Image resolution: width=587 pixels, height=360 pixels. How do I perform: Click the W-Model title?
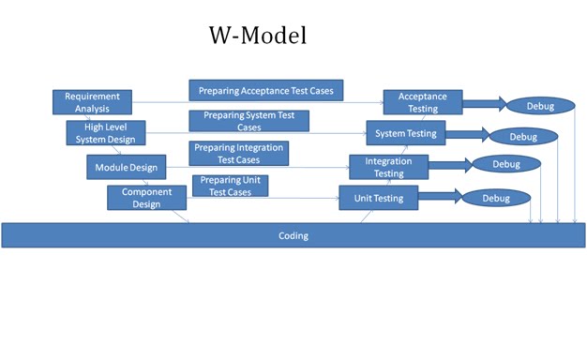pos(257,37)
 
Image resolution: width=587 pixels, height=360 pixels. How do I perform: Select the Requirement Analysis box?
pos(92,102)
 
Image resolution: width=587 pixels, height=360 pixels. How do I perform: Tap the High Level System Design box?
pos(106,133)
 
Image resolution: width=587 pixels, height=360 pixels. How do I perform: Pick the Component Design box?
pos(146,198)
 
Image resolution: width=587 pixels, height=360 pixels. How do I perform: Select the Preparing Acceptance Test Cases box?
pos(266,90)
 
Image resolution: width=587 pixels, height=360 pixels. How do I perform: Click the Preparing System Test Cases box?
pos(248,121)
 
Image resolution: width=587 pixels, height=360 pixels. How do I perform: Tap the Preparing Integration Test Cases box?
pos(238,154)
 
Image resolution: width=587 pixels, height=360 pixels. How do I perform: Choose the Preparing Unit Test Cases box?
pos(229,186)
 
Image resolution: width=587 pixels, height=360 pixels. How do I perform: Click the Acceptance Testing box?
pos(422,102)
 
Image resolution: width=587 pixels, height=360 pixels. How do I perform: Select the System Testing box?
pos(405,134)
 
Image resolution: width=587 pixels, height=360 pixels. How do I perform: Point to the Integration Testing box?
pos(389,167)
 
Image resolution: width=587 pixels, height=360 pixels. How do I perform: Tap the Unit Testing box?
pos(378,198)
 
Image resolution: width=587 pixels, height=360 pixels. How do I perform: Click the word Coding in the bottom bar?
pos(293,235)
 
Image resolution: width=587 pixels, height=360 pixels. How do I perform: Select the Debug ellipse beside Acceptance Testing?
pos(540,106)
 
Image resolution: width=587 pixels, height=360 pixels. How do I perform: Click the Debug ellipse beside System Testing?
pos(523,136)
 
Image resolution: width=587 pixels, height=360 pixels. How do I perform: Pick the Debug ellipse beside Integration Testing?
pos(506,165)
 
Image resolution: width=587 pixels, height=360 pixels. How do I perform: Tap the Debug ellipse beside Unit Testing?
pos(496,198)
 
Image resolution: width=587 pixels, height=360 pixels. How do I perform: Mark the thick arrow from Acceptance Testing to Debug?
pos(484,104)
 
